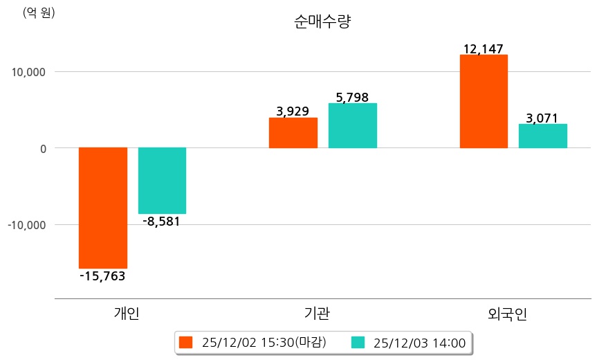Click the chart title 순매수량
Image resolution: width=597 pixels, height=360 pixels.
(x=322, y=22)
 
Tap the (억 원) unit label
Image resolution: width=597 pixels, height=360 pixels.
(x=39, y=12)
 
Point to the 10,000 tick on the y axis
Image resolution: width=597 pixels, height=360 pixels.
(x=26, y=71)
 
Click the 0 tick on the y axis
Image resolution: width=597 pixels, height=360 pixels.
(x=42, y=148)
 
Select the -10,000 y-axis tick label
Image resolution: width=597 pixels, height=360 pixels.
(x=25, y=225)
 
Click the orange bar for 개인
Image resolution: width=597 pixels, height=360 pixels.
(x=103, y=208)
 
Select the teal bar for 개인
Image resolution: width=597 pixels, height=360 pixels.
(x=162, y=181)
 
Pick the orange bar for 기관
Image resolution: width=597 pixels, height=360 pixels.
(x=293, y=133)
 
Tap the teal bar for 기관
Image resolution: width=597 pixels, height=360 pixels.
(x=352, y=125)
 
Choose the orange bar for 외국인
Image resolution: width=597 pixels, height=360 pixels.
(x=484, y=101)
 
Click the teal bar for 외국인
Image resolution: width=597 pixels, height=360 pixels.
(x=542, y=136)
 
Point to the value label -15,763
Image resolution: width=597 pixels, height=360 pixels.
(x=102, y=276)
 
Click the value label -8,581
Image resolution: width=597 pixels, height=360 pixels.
(x=162, y=222)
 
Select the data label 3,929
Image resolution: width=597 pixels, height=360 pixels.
(x=293, y=111)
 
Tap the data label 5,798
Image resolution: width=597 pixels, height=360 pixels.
(x=352, y=97)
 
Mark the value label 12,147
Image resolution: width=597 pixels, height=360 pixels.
(x=484, y=49)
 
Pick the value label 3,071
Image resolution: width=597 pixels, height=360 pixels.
(x=542, y=118)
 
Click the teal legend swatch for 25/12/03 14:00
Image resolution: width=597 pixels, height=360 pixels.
(x=358, y=343)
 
